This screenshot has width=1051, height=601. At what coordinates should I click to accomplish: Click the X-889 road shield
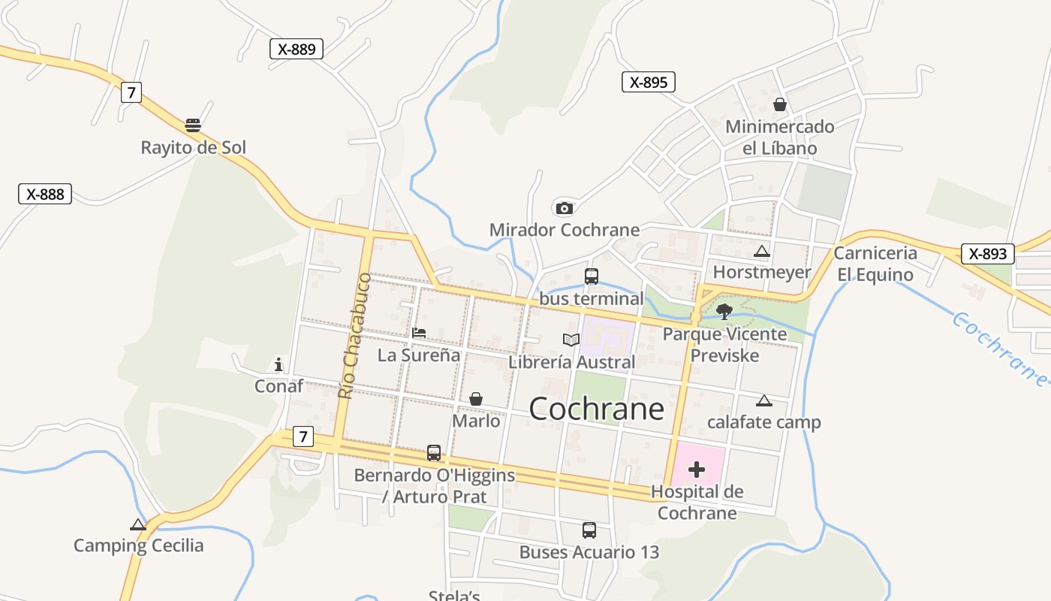tap(297, 49)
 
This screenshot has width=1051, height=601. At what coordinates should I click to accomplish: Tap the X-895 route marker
tap(649, 82)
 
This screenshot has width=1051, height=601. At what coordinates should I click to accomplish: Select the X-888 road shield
tap(45, 194)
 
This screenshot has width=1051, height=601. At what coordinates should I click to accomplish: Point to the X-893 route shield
tap(987, 254)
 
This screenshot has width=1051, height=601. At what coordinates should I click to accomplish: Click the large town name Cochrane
tap(597, 409)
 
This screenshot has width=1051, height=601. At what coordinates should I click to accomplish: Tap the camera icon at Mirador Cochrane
tap(563, 208)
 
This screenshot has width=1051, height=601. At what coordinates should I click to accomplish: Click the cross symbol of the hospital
tap(697, 470)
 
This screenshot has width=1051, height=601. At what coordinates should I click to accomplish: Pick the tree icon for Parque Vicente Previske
tap(724, 311)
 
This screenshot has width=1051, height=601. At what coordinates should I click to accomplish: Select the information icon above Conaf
tap(279, 365)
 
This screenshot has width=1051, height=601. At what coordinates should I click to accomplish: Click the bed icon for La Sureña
tap(419, 333)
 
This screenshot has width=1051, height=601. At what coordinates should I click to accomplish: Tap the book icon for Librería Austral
tap(571, 340)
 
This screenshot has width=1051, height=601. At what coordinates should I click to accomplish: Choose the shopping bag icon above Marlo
tap(476, 399)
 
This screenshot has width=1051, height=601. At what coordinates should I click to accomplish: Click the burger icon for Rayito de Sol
tap(193, 125)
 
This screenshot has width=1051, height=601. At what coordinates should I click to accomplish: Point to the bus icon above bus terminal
tap(592, 276)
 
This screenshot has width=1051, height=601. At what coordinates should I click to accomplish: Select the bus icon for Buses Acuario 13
tap(589, 530)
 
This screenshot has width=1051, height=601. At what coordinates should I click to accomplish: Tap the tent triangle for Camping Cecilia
tap(137, 524)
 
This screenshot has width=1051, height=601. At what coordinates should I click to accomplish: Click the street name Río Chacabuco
tap(354, 335)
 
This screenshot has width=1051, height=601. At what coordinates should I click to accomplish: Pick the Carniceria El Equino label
tap(875, 264)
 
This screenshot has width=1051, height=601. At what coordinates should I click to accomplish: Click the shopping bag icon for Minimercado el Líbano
tap(780, 104)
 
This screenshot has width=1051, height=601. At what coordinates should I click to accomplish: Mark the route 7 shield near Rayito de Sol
tap(131, 92)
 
